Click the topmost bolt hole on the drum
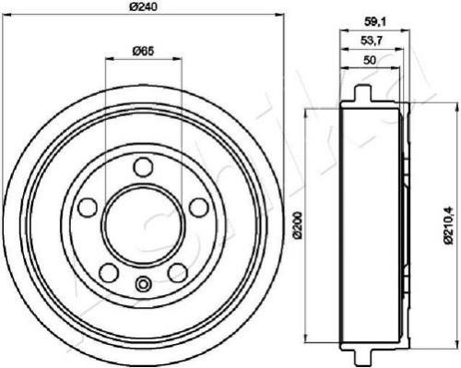[142, 166]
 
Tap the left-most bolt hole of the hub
[86, 207]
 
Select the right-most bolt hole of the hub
[198, 207]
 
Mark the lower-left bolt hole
[107, 272]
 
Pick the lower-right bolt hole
[176, 272]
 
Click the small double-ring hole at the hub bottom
[142, 283]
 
